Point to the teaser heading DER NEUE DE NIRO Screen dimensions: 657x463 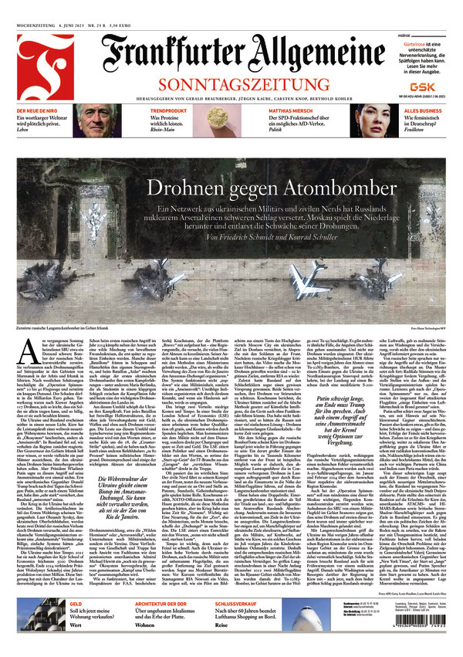[x=38, y=111]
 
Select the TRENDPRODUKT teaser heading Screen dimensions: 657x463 [x=171, y=111]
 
